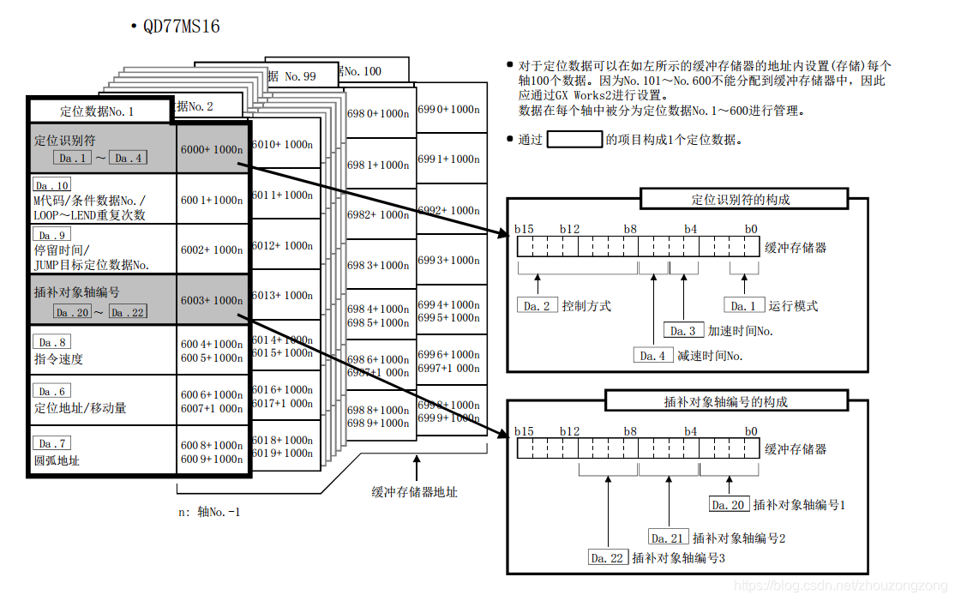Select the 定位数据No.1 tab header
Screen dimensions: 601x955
pos(97,111)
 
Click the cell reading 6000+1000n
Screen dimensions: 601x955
pos(212,149)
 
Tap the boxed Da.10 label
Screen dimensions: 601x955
pos(51,185)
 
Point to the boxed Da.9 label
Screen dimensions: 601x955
pos(51,235)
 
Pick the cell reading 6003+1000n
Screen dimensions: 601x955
pos(212,300)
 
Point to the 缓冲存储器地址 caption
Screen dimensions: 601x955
pos(414,492)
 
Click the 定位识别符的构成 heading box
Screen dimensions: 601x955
pos(741,200)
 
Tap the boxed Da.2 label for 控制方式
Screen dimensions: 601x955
pos(537,306)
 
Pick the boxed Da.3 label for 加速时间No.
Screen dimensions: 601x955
pos(683,331)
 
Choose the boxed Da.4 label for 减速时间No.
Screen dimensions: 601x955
pos(652,356)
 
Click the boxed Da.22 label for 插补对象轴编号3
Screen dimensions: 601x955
pos(609,558)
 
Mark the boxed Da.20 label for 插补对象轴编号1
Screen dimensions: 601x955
pos(729,505)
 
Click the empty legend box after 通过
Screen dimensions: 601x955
pos(574,139)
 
